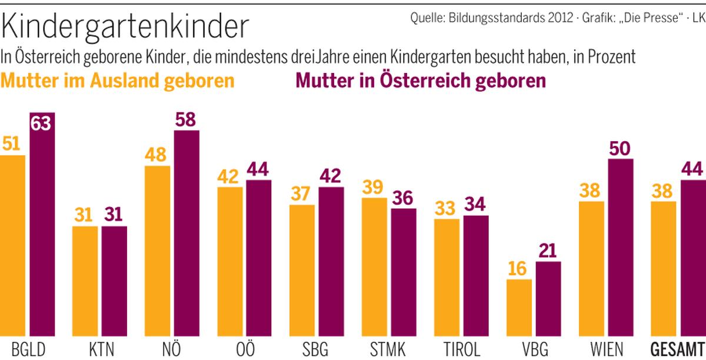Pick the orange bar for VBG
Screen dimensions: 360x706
click(519, 306)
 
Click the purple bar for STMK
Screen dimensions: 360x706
click(403, 271)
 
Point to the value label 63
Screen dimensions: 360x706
click(42, 124)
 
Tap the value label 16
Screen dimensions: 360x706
click(518, 268)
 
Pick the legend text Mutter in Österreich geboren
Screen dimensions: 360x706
click(422, 80)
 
